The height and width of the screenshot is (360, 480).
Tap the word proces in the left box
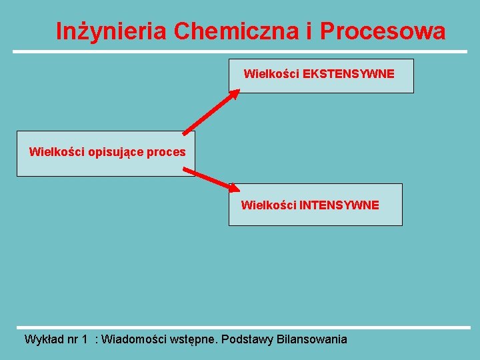(166, 153)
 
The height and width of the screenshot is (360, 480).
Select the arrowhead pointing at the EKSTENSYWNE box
(233, 94)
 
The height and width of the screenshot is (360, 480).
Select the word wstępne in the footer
(194, 340)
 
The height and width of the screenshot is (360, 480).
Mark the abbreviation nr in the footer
(72, 340)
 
